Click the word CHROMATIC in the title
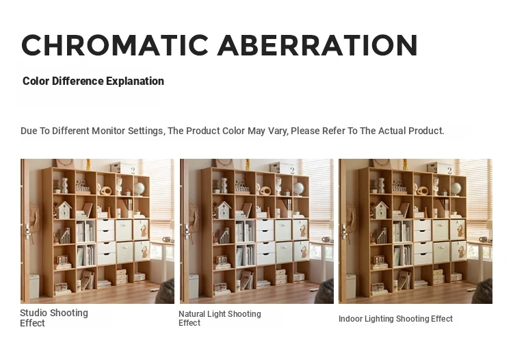click(x=115, y=45)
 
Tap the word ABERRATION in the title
click(x=317, y=45)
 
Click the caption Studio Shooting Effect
click(x=54, y=318)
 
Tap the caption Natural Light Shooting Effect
click(x=220, y=318)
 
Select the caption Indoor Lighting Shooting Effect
click(x=395, y=319)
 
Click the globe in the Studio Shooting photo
click(x=140, y=189)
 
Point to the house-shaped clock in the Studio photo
click(x=64, y=210)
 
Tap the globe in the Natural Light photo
click(x=298, y=189)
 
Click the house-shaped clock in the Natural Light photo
click(x=224, y=210)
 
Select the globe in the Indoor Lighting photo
click(x=456, y=189)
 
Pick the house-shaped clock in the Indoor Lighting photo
click(x=381, y=210)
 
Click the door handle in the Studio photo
click(x=27, y=233)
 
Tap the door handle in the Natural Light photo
click(x=187, y=233)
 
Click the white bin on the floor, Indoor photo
click(x=351, y=286)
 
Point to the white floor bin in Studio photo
click(x=34, y=286)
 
